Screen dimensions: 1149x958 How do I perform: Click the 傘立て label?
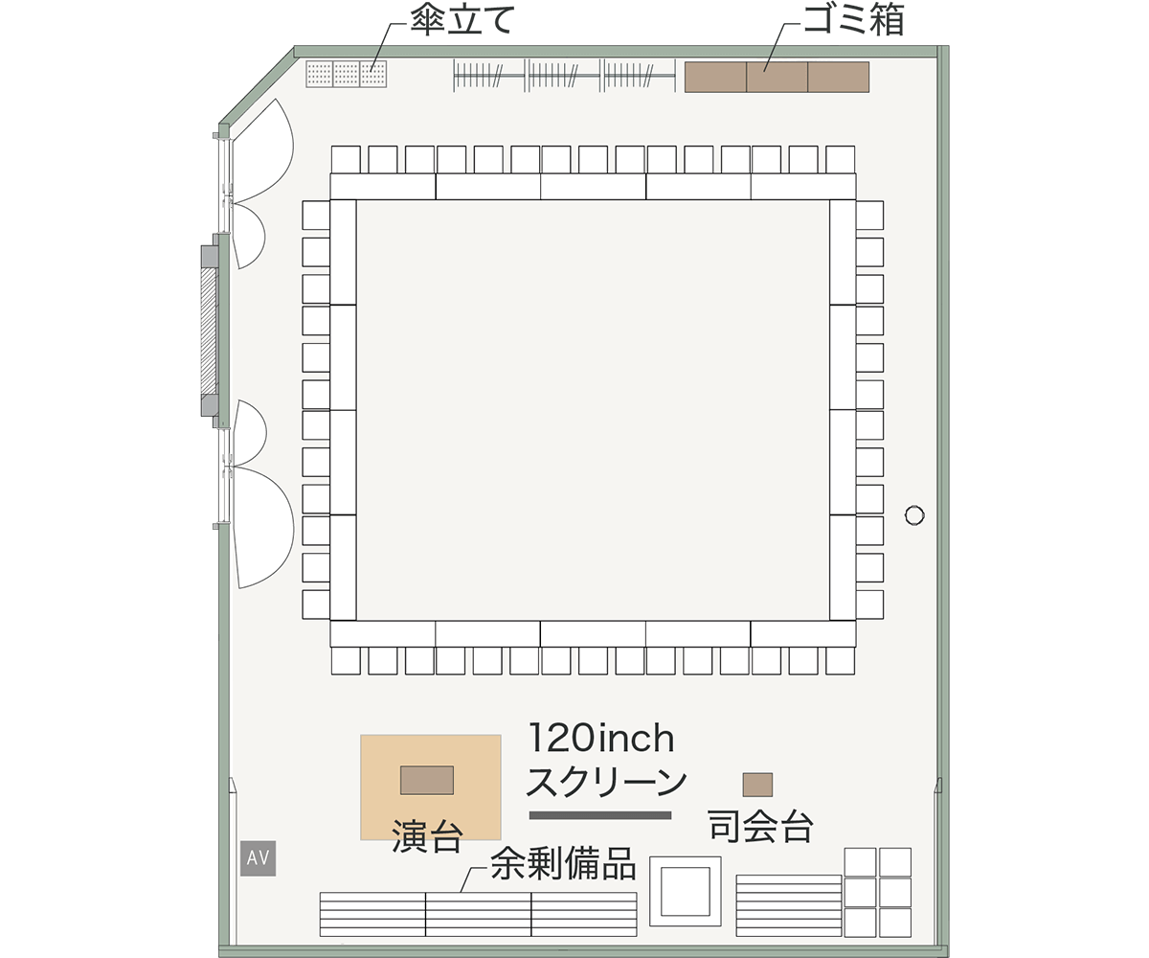462,22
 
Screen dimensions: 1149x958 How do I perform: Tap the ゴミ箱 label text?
854,21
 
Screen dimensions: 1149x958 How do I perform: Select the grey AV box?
259,857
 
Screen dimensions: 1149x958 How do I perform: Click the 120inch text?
601,739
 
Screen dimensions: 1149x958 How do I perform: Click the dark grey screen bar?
600,815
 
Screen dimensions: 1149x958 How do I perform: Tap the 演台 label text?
428,835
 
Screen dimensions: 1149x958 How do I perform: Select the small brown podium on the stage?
427,780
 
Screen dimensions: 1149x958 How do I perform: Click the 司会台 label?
760,826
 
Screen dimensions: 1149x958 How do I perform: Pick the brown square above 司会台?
757,785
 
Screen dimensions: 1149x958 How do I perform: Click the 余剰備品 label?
563,863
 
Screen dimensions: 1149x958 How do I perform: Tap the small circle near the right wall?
914,515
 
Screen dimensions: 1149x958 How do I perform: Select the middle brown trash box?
777,77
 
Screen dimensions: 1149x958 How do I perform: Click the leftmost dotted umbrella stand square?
320,74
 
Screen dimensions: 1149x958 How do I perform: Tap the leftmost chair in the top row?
346,160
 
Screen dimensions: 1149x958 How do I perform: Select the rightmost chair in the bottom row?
841,661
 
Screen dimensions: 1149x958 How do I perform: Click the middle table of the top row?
594,186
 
